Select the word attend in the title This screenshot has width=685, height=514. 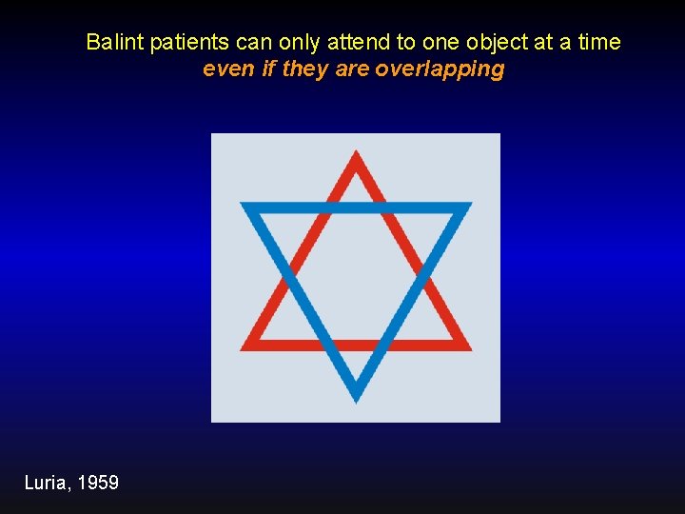pos(357,43)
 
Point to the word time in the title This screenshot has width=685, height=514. pos(600,43)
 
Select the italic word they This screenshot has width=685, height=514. pos(303,69)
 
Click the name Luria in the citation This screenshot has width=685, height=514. pos(45,484)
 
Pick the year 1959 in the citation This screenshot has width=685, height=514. pos(98,484)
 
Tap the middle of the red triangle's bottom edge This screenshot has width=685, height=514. pos(356,345)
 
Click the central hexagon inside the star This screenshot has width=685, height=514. pos(356,276)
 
